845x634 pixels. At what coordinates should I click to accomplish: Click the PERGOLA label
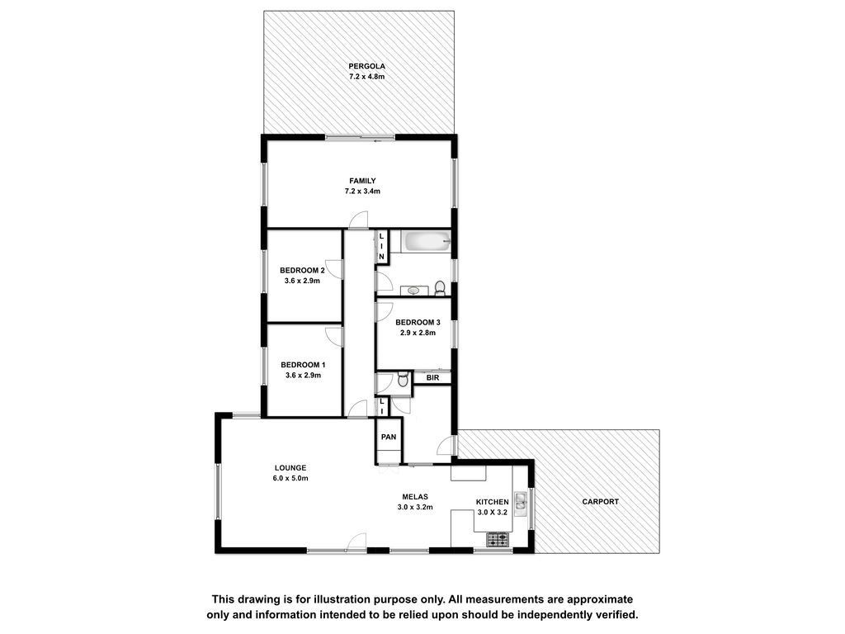pyautogui.click(x=366, y=66)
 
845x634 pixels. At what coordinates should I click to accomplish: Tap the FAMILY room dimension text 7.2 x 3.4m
pyautogui.click(x=362, y=191)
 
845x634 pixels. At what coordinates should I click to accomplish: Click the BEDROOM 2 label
pyautogui.click(x=302, y=270)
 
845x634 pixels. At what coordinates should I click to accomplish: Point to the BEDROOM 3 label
pyautogui.click(x=418, y=323)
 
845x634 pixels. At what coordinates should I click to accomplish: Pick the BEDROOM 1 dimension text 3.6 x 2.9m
pyautogui.click(x=303, y=376)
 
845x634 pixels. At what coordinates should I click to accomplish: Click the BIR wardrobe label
pyautogui.click(x=432, y=378)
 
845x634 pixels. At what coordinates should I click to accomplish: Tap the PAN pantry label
pyautogui.click(x=389, y=437)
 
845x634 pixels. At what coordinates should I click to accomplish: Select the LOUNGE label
pyautogui.click(x=290, y=468)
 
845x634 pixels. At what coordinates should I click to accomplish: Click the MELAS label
pyautogui.click(x=415, y=496)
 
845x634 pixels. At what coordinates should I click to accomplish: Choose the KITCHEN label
pyautogui.click(x=492, y=502)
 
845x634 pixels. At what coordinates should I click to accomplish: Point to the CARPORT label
pyautogui.click(x=601, y=501)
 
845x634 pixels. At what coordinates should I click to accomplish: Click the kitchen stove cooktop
pyautogui.click(x=498, y=539)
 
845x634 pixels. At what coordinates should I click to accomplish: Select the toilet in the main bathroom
pyautogui.click(x=440, y=288)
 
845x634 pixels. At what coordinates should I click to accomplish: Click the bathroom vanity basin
pyautogui.click(x=413, y=291)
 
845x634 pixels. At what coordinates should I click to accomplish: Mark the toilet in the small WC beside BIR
pyautogui.click(x=403, y=380)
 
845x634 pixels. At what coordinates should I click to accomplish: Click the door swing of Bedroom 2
pyautogui.click(x=334, y=268)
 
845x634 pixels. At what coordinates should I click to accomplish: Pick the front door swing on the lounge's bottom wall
pyautogui.click(x=356, y=542)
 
